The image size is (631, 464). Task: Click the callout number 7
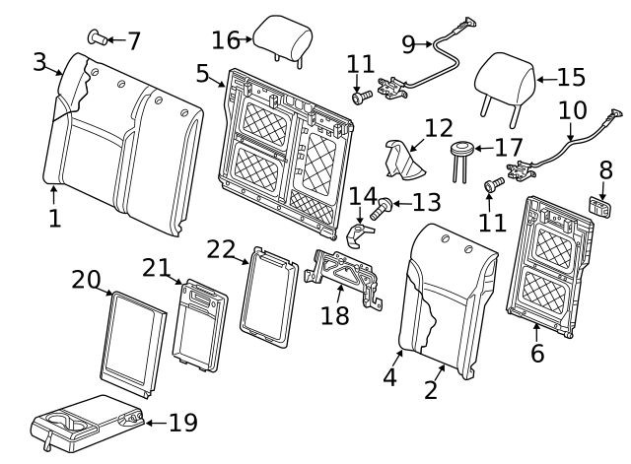133,41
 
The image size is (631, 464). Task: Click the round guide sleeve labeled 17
459,150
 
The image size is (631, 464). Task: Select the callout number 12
439,128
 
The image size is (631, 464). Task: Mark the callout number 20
87,280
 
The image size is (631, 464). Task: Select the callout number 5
202,73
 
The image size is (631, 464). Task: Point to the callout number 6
537,352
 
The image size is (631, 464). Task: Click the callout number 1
54,218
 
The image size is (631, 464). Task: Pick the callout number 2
431,389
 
